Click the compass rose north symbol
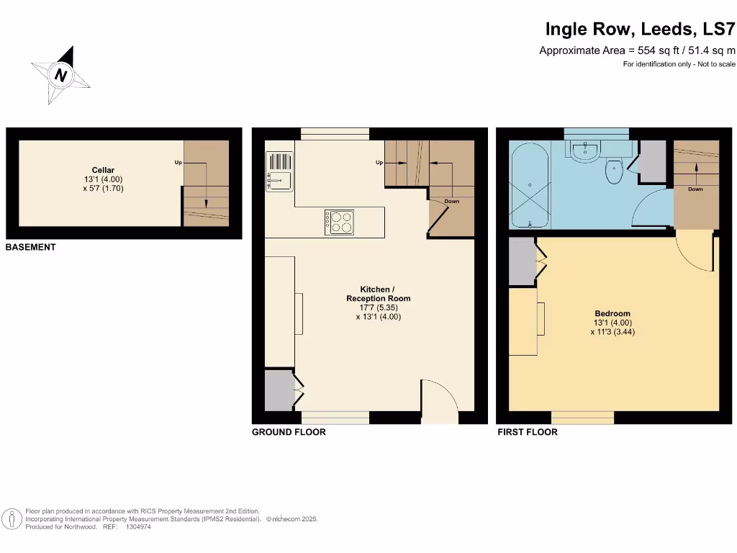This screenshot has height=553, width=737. [x=61, y=75]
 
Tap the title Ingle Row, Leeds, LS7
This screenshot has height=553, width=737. [x=640, y=30]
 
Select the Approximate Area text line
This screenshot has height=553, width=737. [x=637, y=50]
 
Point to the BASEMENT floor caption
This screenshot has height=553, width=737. [x=30, y=247]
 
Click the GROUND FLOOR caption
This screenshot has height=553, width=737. [x=289, y=432]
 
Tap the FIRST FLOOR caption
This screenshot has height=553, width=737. [x=528, y=432]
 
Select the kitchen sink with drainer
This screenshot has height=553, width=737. [x=279, y=171]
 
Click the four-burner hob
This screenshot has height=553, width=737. [x=338, y=222]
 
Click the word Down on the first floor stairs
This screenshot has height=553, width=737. [x=695, y=189]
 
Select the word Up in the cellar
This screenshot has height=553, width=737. [x=178, y=163]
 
